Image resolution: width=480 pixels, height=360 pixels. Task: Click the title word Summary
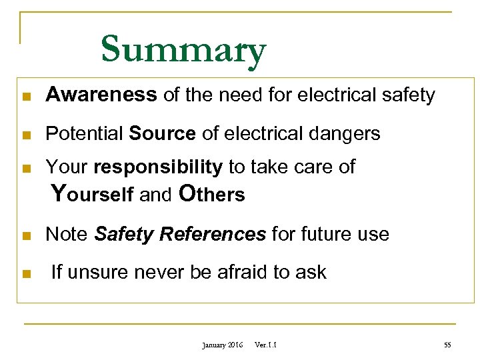(183, 50)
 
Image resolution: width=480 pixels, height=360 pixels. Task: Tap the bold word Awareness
(101, 95)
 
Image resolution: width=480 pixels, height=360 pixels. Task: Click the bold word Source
(162, 133)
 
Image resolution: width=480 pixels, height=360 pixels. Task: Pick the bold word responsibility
(158, 167)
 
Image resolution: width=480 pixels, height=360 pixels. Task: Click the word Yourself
(93, 194)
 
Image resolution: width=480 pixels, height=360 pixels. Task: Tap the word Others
(213, 194)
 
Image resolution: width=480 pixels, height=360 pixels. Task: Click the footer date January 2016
(223, 345)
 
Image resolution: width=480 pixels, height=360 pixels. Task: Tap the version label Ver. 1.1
(266, 345)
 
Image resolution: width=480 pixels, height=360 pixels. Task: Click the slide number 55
(447, 345)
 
